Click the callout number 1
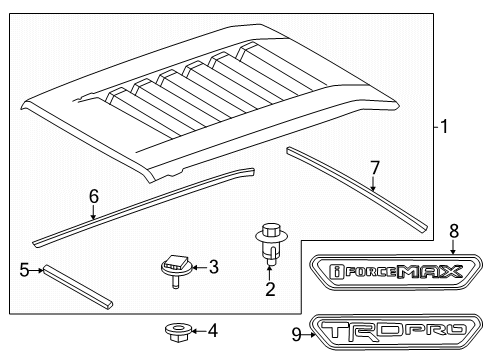444,127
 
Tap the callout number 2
270,289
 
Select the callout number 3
214,267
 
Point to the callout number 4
213,331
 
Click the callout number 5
24,270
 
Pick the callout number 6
94,196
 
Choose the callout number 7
375,168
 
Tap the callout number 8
454,231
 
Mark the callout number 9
296,334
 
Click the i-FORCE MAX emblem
396,272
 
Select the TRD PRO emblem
396,331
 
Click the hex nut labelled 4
178,332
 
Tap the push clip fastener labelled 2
271,244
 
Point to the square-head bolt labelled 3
176,270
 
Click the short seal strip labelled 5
78,287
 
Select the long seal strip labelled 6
143,207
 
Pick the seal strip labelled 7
357,189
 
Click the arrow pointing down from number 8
453,247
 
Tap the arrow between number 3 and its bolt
199,267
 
